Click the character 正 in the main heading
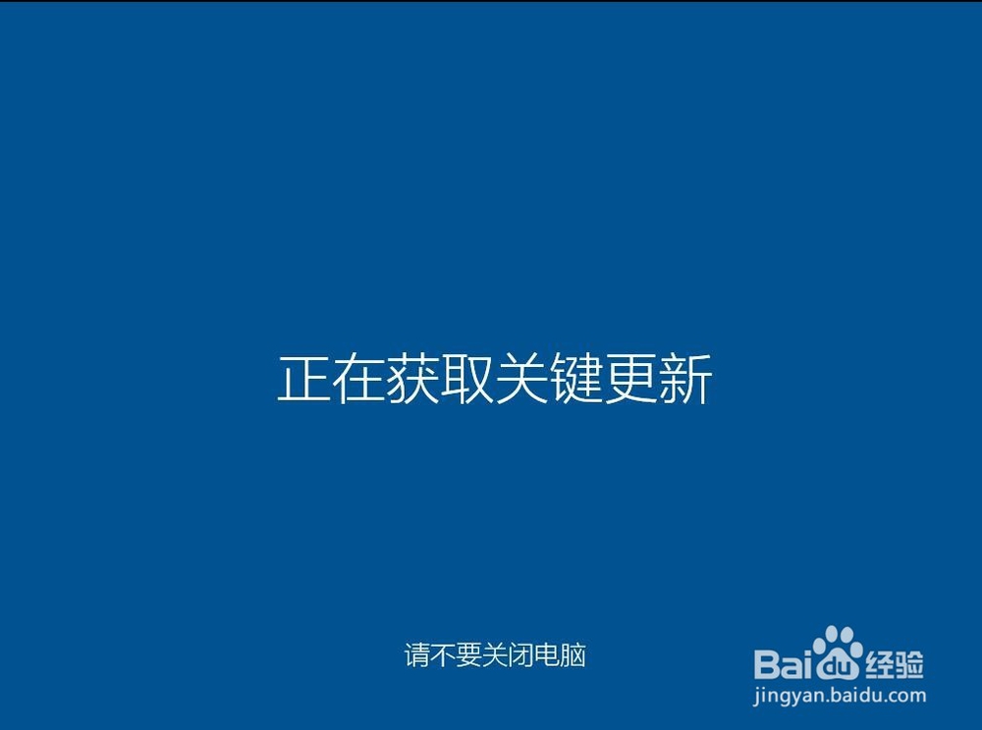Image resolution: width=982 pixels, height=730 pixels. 304,379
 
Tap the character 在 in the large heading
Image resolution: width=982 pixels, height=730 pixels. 358,379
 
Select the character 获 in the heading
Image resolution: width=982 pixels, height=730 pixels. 413,379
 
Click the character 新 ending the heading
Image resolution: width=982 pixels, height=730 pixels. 685,379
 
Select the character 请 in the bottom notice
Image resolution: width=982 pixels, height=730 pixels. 417,655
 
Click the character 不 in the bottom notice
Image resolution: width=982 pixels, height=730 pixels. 443,655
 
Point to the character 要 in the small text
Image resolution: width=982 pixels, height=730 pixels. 469,655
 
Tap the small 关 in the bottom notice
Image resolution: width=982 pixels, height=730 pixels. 495,655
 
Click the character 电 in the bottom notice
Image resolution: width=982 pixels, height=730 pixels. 547,655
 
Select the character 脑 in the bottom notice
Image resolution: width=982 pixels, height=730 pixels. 573,655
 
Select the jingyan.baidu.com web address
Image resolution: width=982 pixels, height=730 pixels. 840,696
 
